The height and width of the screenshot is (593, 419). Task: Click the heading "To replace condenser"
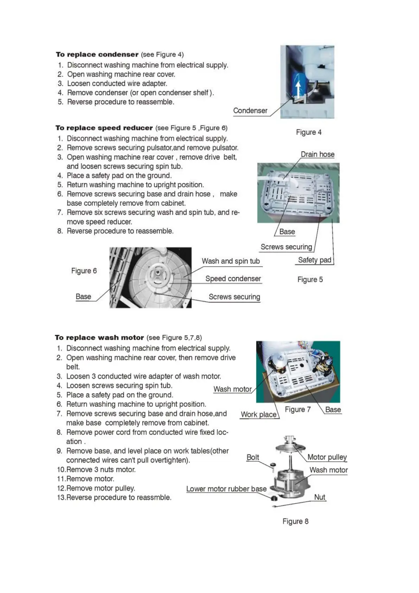pos(97,55)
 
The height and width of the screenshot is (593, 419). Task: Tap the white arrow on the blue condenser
pos(298,89)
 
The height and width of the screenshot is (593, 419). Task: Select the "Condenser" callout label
pos(250,111)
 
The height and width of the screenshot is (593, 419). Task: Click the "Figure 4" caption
pos(309,132)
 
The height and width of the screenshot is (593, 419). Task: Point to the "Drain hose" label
pos(317,154)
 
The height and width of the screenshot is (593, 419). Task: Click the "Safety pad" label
pos(315,260)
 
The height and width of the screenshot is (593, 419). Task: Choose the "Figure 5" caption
pos(310,280)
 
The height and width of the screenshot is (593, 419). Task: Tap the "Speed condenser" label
pos(233,279)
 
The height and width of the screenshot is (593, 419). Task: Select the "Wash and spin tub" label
pos(230,261)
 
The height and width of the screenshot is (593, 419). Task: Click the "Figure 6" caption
pos(84,271)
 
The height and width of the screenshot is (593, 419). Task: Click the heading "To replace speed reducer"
pos(104,128)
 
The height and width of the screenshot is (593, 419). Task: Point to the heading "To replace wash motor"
pos(99,337)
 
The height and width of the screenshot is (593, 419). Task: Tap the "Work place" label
pos(259,414)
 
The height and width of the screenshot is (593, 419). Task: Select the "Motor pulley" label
pos(327,457)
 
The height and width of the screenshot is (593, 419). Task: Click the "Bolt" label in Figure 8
pos(253,457)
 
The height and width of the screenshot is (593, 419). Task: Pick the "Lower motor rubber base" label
pos(226,489)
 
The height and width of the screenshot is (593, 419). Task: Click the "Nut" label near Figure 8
pos(319,497)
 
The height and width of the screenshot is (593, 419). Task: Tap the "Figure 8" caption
pos(295,521)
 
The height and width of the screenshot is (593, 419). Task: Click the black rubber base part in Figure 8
pos(273,498)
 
